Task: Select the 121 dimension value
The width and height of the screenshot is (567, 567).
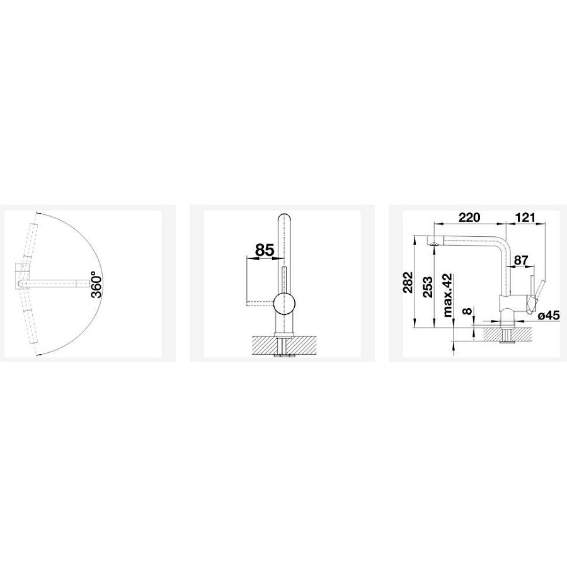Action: pyautogui.click(x=526, y=218)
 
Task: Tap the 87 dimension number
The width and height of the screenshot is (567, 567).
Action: pyautogui.click(x=521, y=260)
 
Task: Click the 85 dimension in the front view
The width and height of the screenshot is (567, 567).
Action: pyautogui.click(x=264, y=250)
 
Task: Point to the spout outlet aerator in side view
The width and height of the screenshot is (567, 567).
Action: pyautogui.click(x=433, y=243)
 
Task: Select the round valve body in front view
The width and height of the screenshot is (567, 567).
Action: pyautogui.click(x=283, y=304)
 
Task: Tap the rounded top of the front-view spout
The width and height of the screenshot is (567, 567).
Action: pyautogui.click(x=283, y=217)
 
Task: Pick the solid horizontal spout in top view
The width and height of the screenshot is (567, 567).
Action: pyautogui.click(x=54, y=283)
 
